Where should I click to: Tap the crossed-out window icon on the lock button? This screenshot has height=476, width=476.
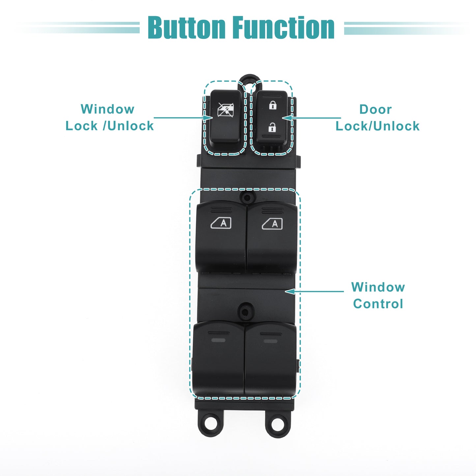(225, 110)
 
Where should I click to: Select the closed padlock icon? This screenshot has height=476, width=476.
(273, 105)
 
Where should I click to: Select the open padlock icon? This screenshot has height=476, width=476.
(272, 127)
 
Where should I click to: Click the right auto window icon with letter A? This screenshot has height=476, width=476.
(272, 224)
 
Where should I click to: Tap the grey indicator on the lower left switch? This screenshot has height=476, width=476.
(218, 340)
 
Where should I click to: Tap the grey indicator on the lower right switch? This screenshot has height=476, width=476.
(270, 341)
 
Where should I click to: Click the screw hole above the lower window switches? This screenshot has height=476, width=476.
(245, 312)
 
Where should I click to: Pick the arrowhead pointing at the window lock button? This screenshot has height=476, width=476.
(208, 118)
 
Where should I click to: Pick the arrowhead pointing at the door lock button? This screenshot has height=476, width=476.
(287, 118)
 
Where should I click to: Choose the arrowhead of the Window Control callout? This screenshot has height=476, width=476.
(290, 292)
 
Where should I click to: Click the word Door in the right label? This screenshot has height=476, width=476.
(376, 109)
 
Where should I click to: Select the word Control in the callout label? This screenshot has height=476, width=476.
(378, 304)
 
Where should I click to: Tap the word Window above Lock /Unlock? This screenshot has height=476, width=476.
(107, 109)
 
